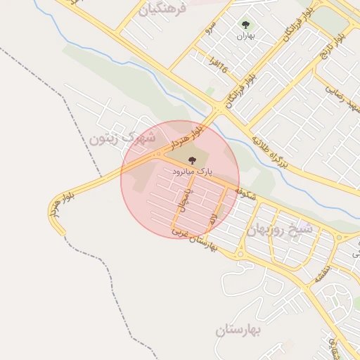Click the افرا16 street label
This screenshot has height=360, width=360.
pyautogui.click(x=217, y=67)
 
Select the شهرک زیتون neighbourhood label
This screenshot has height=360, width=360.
pyautogui.click(x=116, y=137)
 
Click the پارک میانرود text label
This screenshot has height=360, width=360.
pyautogui.click(x=192, y=172)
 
